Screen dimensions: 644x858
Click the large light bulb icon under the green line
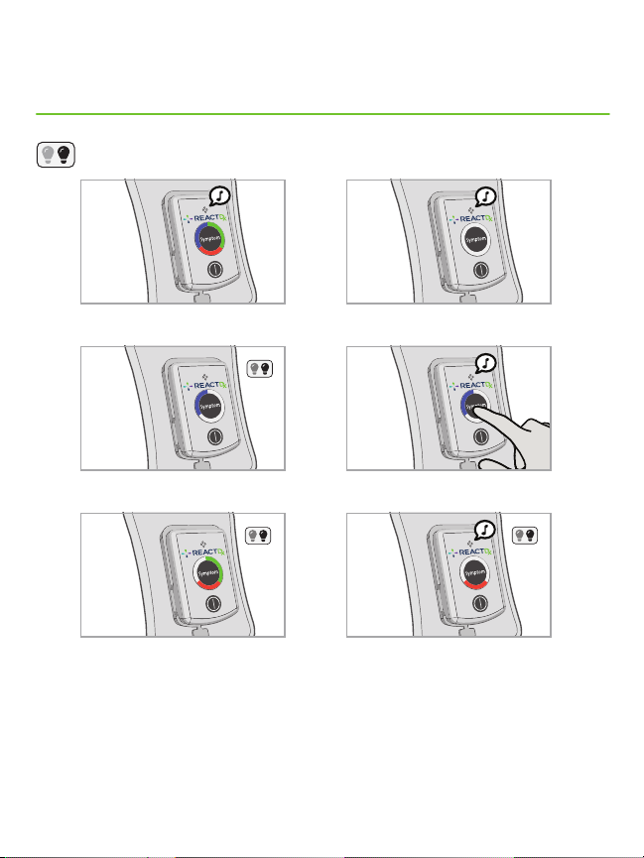[x=56, y=155]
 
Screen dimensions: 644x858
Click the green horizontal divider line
[x=322, y=114]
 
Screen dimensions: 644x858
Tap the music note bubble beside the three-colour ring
[x=220, y=196]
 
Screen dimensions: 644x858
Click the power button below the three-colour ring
[x=214, y=269]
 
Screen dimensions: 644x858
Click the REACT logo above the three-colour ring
[x=204, y=218]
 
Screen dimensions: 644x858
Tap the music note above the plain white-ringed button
[x=486, y=196]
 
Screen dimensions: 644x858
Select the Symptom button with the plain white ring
[x=475, y=239]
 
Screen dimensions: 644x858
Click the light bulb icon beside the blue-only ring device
[x=260, y=369]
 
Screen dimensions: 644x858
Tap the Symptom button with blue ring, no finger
[x=209, y=406]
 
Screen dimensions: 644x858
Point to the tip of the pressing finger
[x=474, y=406]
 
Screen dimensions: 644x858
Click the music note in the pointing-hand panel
[x=486, y=363]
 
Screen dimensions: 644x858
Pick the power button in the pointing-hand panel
[x=480, y=436]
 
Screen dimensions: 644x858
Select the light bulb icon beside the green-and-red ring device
[x=258, y=536]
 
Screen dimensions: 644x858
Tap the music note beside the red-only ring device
[x=485, y=530]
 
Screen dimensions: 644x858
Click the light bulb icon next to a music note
[x=525, y=536]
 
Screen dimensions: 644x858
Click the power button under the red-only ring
[x=480, y=603]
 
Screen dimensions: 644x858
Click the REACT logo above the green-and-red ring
[x=203, y=552]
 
